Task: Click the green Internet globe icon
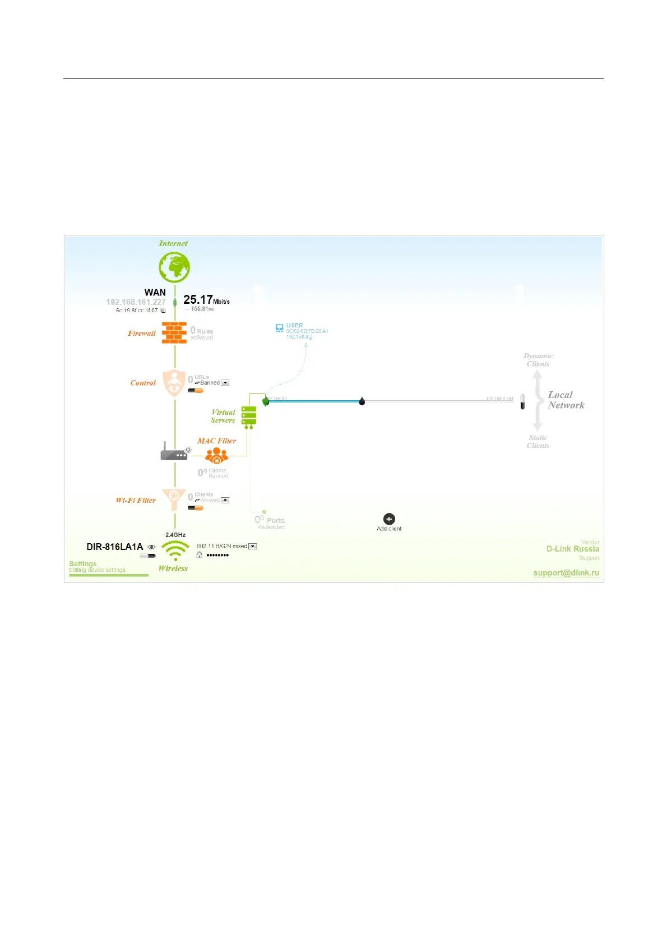pos(174,267)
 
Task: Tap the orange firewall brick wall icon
pos(174,332)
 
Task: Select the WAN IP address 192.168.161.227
pos(136,302)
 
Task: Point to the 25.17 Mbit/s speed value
pos(198,300)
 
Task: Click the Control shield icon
pos(174,383)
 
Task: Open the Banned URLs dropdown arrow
pos(225,383)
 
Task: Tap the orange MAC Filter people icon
pos(216,455)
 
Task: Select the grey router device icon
pos(174,452)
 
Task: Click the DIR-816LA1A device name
pos(114,547)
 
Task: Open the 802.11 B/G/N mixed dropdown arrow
pos(253,546)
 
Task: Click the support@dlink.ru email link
pos(566,572)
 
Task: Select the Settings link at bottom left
pos(83,564)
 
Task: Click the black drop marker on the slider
pos(362,401)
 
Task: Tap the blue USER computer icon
pos(279,328)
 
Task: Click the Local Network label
pos(566,400)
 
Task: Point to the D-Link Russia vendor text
pos(573,549)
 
